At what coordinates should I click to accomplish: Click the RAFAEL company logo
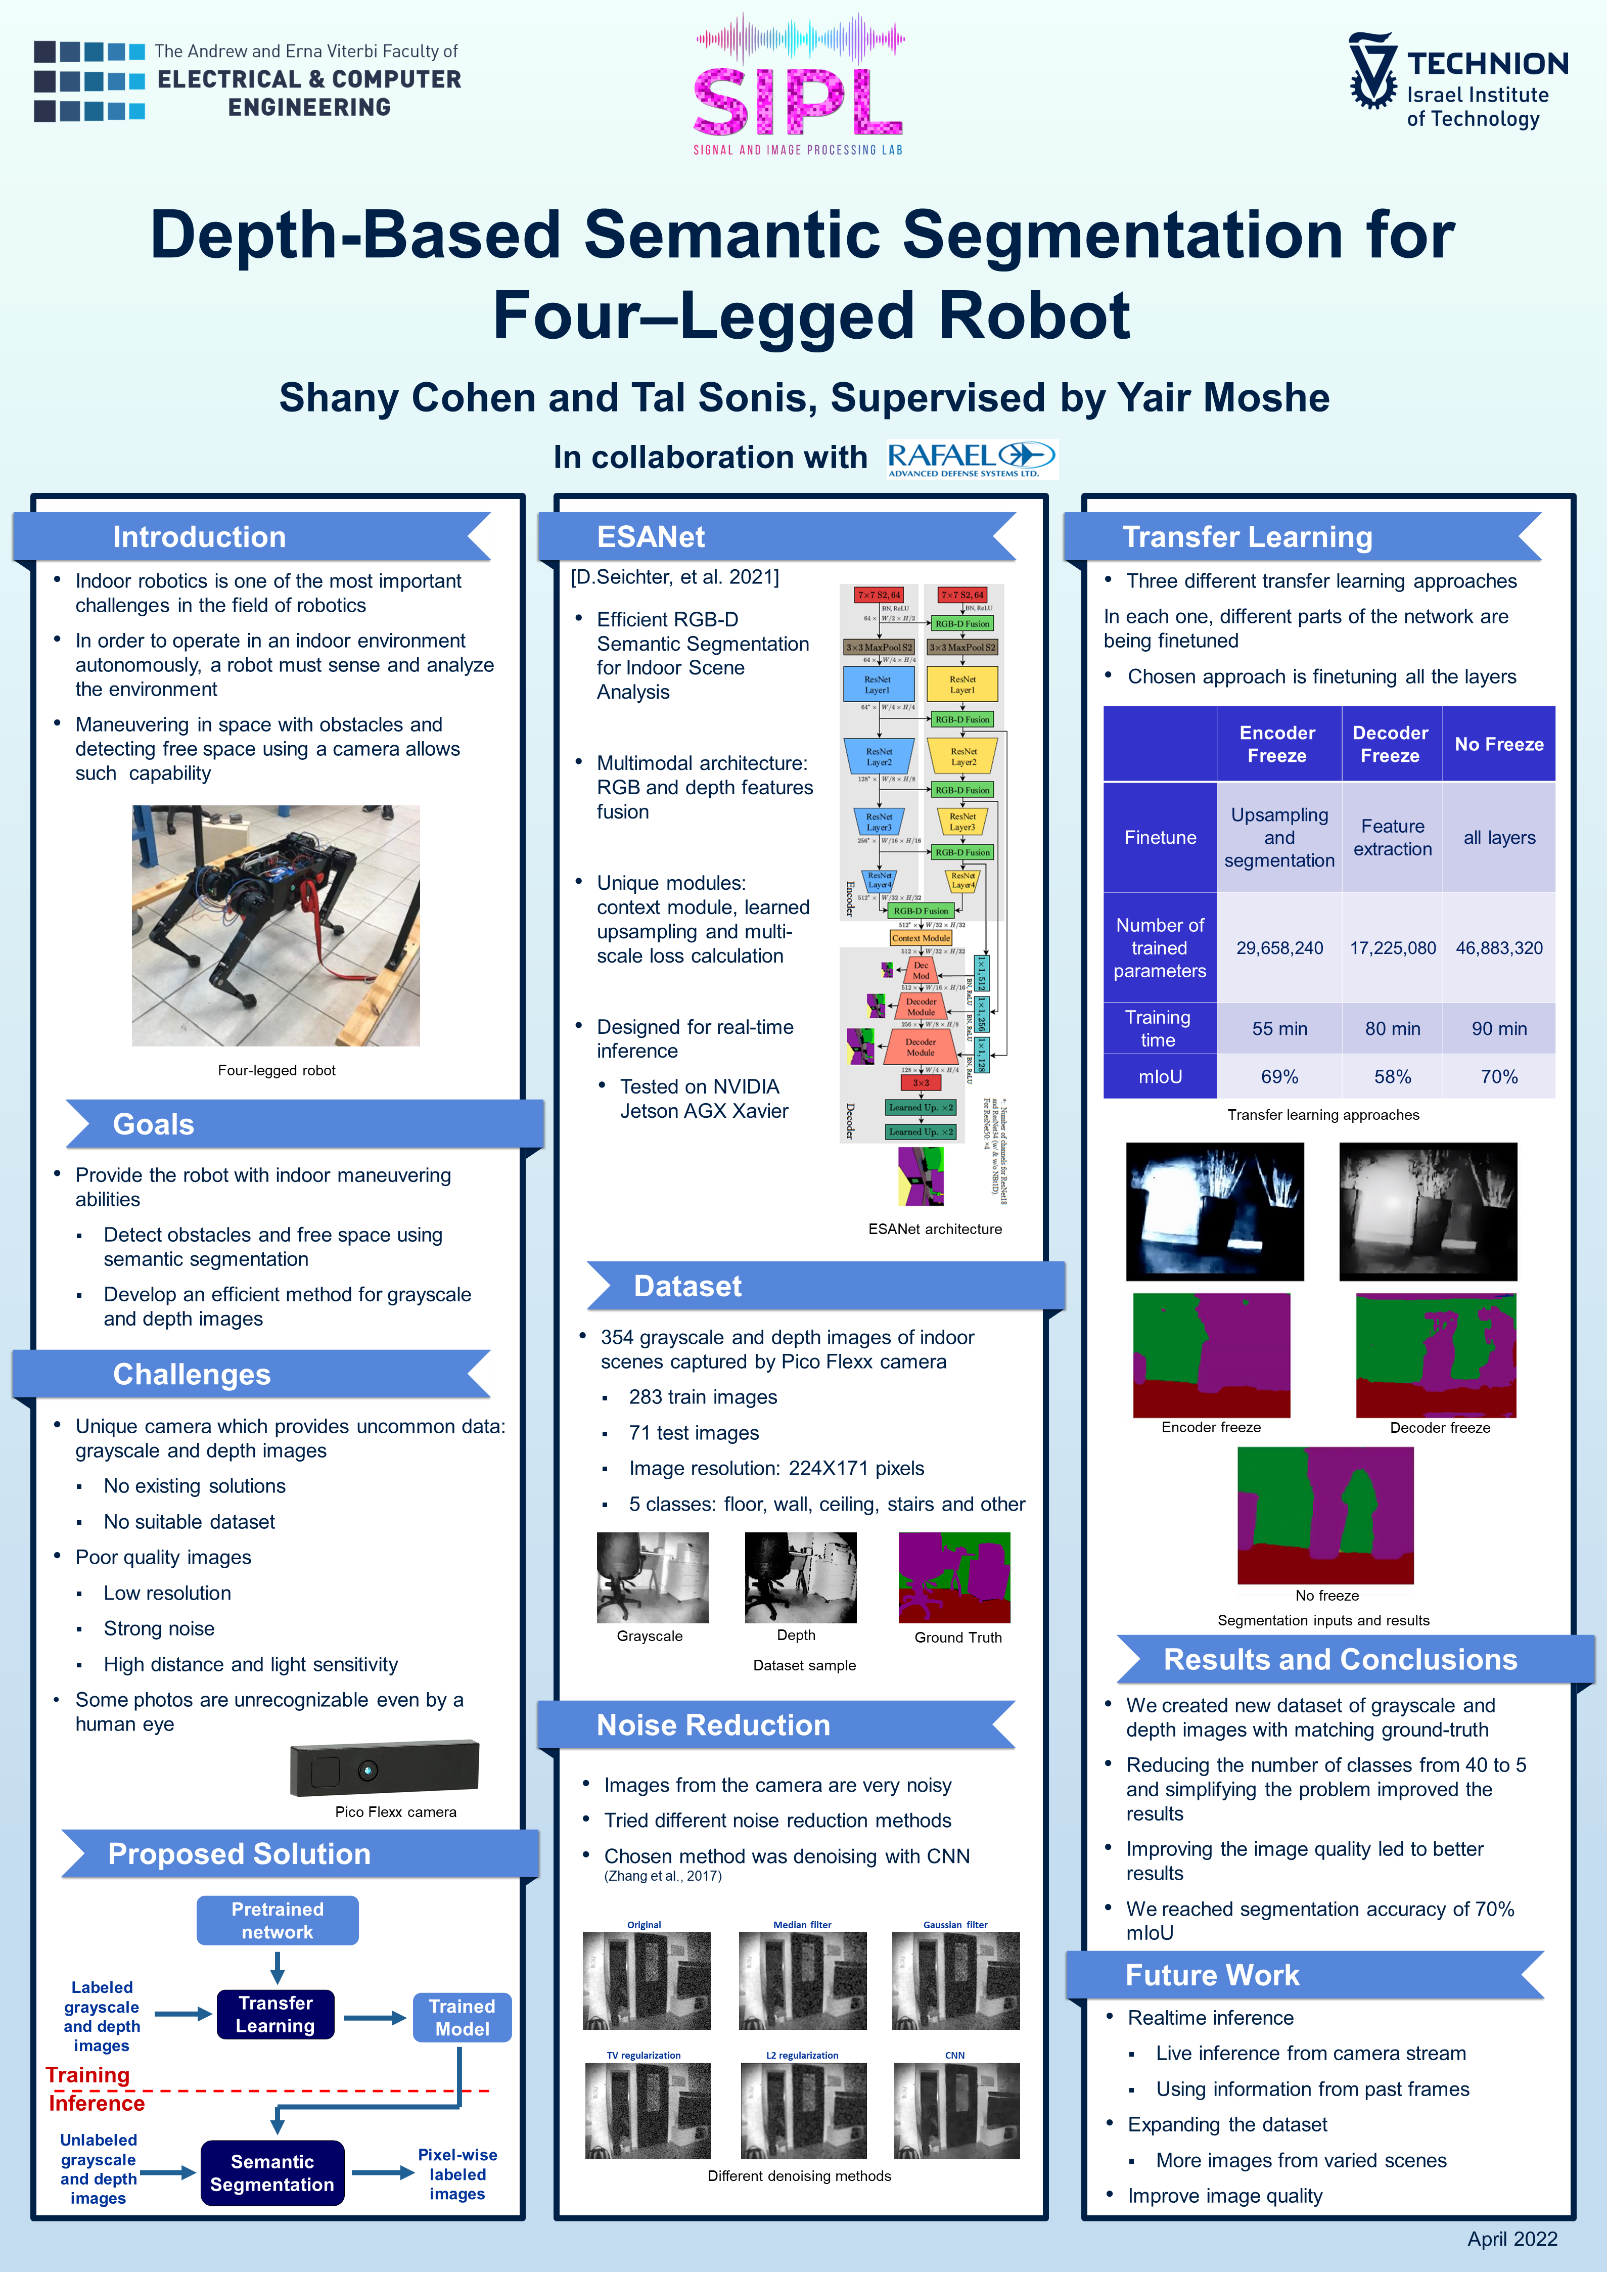[x=972, y=459]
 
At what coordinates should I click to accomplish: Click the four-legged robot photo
[x=276, y=925]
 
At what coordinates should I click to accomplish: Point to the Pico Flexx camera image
[x=384, y=1768]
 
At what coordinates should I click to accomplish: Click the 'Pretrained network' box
[x=277, y=1921]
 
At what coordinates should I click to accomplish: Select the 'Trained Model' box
[x=462, y=2017]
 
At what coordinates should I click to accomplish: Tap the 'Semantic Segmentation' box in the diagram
[x=272, y=2173]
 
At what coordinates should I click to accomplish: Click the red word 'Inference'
[x=97, y=2103]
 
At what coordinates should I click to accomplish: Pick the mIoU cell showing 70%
[x=1498, y=1077]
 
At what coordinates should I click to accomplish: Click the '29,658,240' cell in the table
[x=1279, y=948]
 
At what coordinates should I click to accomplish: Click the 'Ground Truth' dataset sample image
[x=954, y=1577]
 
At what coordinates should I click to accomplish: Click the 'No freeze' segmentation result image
[x=1325, y=1515]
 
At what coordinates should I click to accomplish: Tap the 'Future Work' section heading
[x=1212, y=1975]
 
